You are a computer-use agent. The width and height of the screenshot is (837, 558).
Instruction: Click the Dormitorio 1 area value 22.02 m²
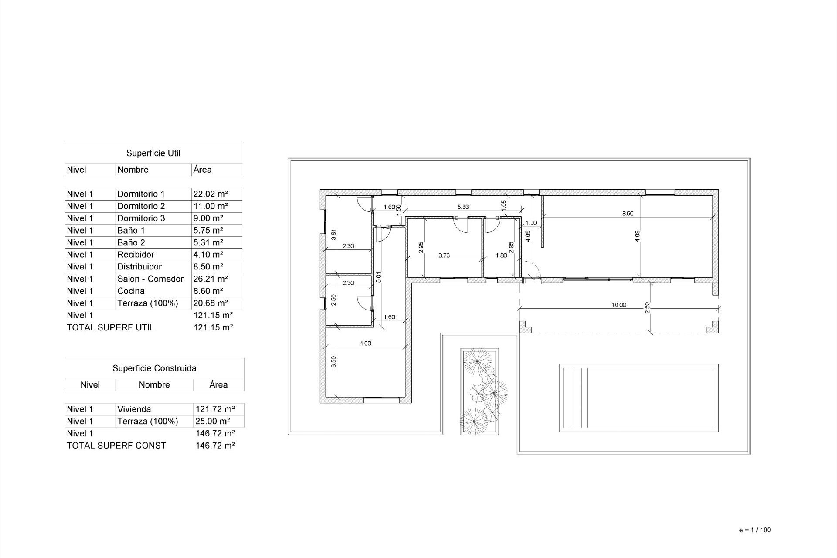tap(211, 194)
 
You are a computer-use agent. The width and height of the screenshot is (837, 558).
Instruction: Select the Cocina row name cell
tap(131, 291)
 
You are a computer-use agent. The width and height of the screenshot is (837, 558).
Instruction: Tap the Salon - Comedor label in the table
tap(150, 279)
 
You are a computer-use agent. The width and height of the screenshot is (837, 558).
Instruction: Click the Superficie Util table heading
tap(153, 153)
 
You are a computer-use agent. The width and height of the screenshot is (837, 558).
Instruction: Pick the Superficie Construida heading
tap(154, 368)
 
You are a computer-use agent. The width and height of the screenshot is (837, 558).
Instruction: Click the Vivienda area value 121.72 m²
tap(215, 409)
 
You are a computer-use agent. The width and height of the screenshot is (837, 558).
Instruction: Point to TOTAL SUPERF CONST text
tap(116, 446)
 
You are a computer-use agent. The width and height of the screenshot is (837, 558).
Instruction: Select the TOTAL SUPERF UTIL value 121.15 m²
tap(213, 327)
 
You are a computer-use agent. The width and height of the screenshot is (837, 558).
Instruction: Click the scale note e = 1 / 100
tap(755, 530)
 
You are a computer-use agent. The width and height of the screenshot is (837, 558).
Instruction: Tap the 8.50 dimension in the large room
tap(627, 214)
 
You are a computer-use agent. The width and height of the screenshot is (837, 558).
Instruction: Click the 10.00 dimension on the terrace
tap(619, 305)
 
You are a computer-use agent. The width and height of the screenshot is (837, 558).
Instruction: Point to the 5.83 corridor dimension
tap(463, 207)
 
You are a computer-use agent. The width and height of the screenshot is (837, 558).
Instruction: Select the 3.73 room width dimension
tap(444, 255)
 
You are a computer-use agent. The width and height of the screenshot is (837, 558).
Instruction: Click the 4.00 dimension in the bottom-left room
tap(365, 344)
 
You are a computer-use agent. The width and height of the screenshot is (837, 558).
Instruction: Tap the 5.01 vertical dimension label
tap(378, 277)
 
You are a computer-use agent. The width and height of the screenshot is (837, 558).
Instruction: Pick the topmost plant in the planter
tap(477, 361)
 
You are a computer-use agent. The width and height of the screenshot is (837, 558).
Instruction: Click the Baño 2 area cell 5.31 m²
tap(208, 242)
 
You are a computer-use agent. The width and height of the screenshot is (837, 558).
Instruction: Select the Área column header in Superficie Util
tap(203, 170)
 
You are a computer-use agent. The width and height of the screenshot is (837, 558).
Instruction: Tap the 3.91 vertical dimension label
tap(333, 235)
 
